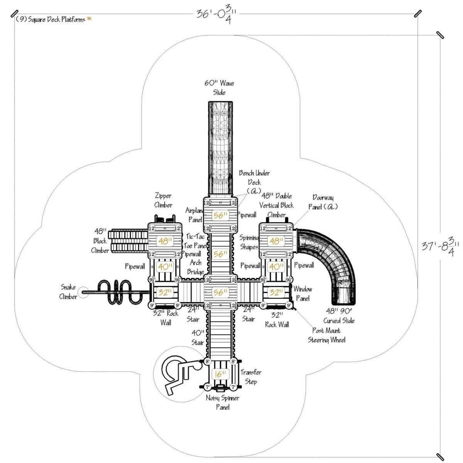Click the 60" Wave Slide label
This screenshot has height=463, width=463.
click(219, 88)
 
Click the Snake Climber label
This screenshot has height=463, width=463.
click(68, 292)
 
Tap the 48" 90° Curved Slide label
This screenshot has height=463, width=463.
click(339, 316)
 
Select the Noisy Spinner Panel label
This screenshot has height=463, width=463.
click(223, 402)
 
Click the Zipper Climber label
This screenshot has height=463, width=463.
click(163, 200)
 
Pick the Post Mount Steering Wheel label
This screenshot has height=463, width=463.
click(326, 335)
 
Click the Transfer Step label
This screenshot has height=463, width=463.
click(251, 377)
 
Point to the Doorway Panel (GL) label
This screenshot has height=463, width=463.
click(323, 202)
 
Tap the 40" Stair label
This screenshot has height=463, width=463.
click(198, 337)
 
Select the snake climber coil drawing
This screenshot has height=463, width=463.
click(118, 292)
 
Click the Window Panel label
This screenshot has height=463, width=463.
click(303, 293)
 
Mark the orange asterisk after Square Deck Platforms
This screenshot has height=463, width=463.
click(89, 19)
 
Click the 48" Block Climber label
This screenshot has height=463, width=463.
click(100, 241)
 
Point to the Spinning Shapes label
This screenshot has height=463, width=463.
click(249, 242)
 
